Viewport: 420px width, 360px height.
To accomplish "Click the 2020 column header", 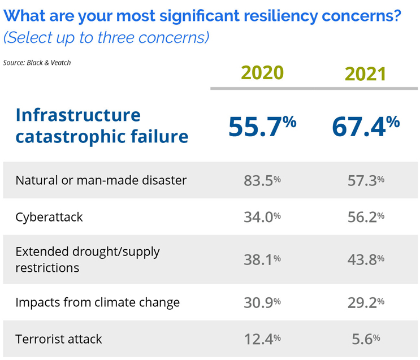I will (x=262, y=73).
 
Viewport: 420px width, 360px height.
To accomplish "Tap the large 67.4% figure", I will (x=365, y=126).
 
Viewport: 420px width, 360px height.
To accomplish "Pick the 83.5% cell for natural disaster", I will (x=262, y=180).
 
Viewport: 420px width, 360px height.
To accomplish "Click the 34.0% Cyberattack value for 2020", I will (x=262, y=216).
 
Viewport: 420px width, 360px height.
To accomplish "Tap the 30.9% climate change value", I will (x=262, y=302).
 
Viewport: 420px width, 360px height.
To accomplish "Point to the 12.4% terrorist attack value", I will (x=262, y=339).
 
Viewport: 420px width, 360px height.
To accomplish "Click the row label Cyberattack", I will (x=49, y=217).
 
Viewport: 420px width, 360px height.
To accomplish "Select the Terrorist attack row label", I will (x=59, y=339).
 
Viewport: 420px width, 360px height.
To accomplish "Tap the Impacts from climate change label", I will (x=97, y=302).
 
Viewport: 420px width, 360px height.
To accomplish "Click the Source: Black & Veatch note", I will (x=37, y=62).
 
